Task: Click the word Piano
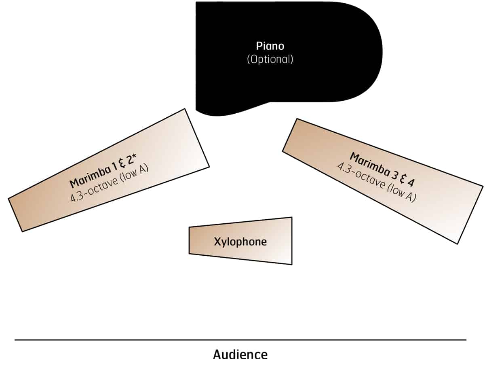pyautogui.click(x=270, y=46)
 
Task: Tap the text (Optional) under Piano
pyautogui.click(x=270, y=59)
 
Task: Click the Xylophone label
pyautogui.click(x=240, y=242)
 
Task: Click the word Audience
pyautogui.click(x=240, y=354)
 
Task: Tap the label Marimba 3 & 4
pyautogui.click(x=382, y=170)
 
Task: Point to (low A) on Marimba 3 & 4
pyautogui.click(x=402, y=193)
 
